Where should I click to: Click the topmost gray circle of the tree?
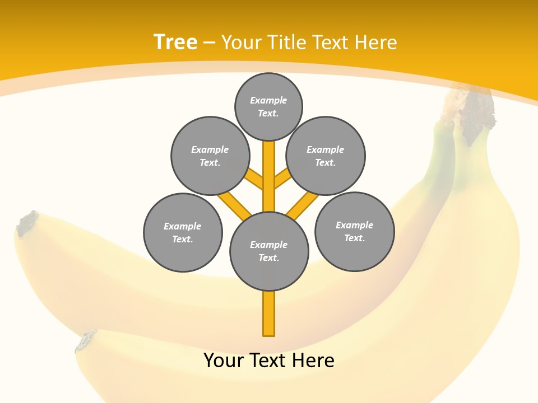(x=268, y=106)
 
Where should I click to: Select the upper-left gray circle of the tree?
(x=210, y=156)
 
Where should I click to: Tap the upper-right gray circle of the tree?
(x=326, y=156)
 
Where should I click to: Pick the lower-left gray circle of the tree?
(x=183, y=232)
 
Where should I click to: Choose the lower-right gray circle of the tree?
(x=355, y=231)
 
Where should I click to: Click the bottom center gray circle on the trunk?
(x=269, y=251)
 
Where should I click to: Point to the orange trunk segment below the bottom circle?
(x=269, y=313)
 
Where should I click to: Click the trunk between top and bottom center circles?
(x=269, y=176)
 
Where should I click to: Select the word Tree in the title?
(x=175, y=42)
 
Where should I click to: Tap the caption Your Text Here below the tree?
(x=269, y=360)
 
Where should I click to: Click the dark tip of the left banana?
(x=27, y=222)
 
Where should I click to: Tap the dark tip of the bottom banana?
(x=86, y=341)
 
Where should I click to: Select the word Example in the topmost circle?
(x=268, y=100)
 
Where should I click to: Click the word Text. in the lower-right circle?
(x=354, y=238)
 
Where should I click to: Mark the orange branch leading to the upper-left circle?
(x=254, y=179)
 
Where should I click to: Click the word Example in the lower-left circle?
(x=182, y=226)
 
